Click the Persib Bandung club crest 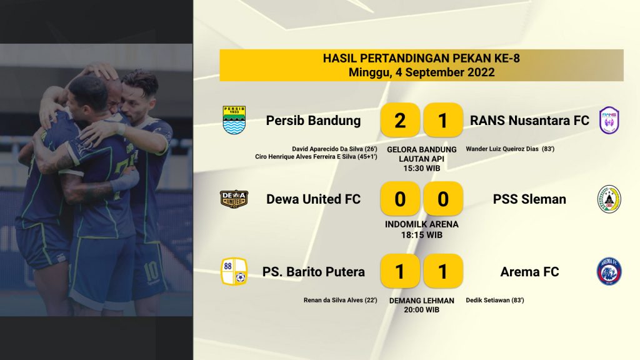pos(234,120)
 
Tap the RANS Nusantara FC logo pos(609,120)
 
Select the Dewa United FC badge pos(234,199)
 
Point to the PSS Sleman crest pos(609,199)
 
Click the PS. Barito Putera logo pos(234,271)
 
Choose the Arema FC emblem pos(609,271)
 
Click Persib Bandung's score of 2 pos(400,120)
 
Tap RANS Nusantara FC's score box pos(443,120)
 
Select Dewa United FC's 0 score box pos(400,199)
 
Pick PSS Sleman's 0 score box pos(443,199)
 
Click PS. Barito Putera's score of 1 pos(400,271)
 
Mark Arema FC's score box pos(443,271)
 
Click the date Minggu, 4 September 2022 pos(422,72)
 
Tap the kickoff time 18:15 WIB pos(422,235)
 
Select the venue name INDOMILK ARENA pos(422,224)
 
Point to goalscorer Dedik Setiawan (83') pos(495,301)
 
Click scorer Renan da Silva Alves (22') pos(340,301)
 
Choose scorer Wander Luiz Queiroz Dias pos(502,149)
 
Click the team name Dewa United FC pos(314,199)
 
